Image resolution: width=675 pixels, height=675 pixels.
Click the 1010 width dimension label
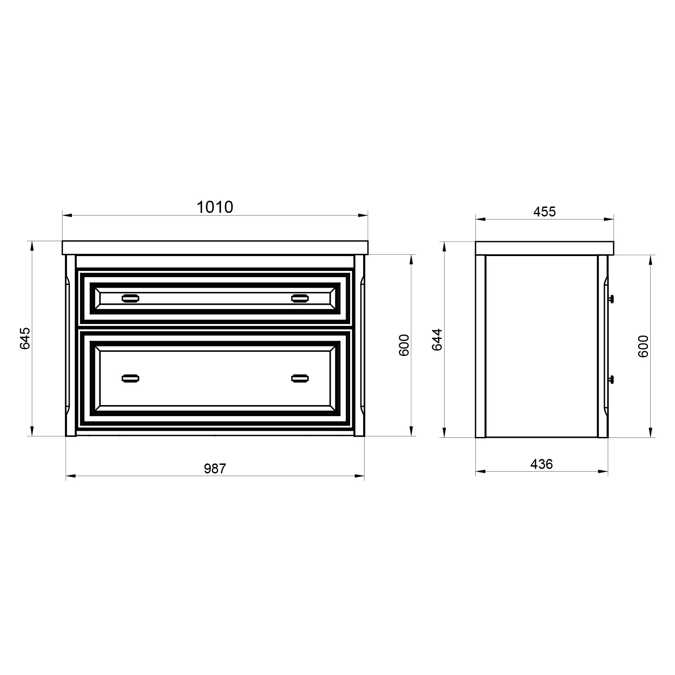[215, 207]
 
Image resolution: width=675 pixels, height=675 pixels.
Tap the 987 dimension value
[215, 468]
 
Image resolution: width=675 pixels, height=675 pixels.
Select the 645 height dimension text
[25, 338]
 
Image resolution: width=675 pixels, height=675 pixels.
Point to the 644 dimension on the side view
[437, 340]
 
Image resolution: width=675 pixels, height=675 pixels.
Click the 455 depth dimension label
[544, 211]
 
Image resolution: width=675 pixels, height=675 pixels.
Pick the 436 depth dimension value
[541, 464]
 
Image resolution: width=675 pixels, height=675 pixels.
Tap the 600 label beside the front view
[404, 345]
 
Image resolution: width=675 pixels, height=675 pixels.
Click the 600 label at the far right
[643, 346]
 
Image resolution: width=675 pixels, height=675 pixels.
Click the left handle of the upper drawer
[130, 297]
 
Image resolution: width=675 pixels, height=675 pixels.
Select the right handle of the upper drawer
[300, 297]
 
